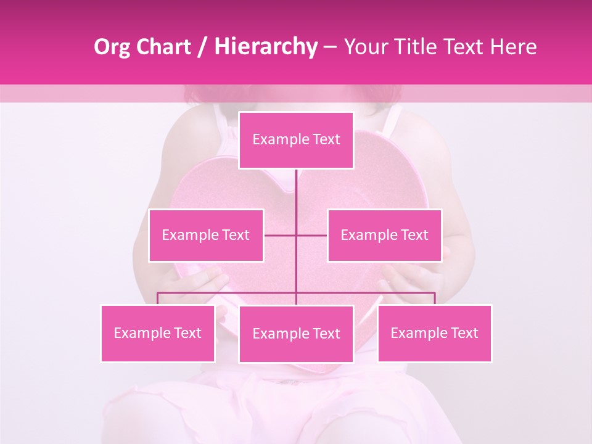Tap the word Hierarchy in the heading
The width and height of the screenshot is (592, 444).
[265, 47]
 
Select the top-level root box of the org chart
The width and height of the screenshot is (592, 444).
[296, 140]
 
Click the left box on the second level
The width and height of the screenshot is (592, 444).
[206, 235]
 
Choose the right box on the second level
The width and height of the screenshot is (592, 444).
[384, 235]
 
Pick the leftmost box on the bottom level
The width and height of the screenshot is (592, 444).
[158, 333]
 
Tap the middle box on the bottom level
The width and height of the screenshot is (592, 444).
[296, 334]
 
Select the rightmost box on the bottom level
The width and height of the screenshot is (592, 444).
[434, 333]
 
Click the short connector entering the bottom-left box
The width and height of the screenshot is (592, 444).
[158, 298]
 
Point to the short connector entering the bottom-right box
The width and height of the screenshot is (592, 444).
[435, 298]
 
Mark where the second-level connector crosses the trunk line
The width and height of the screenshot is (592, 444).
[296, 235]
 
